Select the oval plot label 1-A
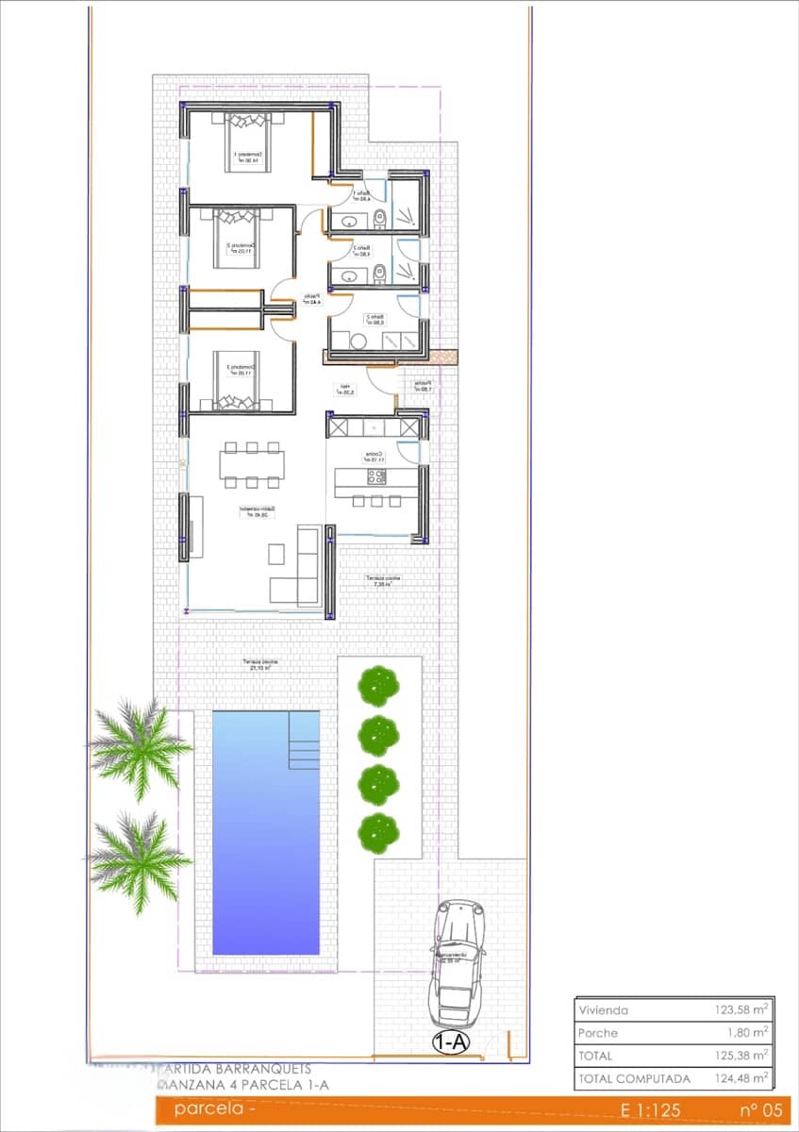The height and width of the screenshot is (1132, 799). (451, 1042)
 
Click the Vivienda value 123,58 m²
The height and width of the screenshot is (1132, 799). (741, 1010)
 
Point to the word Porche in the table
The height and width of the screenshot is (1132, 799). (597, 1033)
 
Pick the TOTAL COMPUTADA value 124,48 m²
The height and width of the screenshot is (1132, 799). (741, 1078)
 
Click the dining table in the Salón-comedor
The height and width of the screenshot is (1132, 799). (252, 464)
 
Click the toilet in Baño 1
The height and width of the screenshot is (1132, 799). (379, 221)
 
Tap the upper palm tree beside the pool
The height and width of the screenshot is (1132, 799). (140, 748)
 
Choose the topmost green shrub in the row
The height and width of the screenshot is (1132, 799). (377, 684)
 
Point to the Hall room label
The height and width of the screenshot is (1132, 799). (346, 389)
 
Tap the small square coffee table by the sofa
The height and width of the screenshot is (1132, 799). (278, 552)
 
